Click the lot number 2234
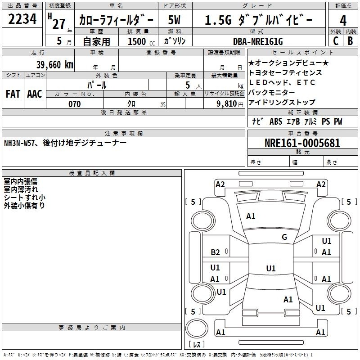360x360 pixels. [22, 19]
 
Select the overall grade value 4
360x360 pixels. [343, 21]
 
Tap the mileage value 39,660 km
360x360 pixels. [54, 65]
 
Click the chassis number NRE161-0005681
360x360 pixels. [302, 143]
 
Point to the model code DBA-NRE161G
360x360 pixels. [258, 41]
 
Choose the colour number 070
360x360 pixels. [75, 104]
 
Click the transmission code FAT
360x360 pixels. [13, 94]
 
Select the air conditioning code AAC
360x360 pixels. [35, 94]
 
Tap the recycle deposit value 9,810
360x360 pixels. [227, 104]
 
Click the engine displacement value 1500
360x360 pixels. [137, 41]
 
